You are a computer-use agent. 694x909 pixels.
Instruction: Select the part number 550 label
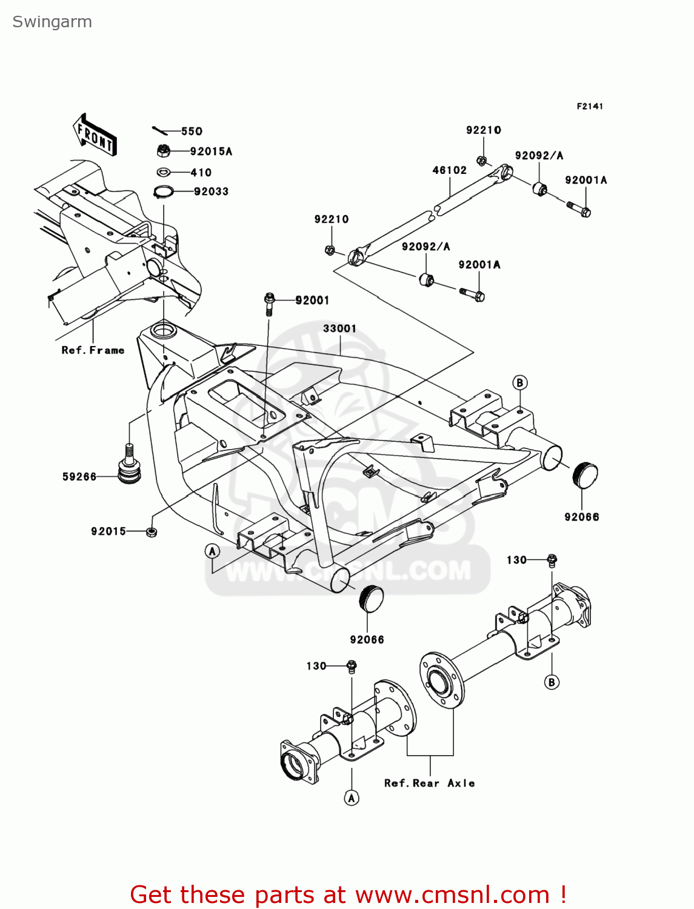click(x=192, y=132)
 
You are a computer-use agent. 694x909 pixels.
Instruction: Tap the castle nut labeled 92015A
click(x=163, y=150)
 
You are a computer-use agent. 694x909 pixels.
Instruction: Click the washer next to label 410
click(x=164, y=173)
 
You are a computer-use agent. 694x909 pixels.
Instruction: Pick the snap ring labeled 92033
click(x=164, y=192)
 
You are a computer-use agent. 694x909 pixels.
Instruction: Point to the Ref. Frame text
click(x=93, y=350)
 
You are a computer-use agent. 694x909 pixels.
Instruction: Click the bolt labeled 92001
click(x=270, y=303)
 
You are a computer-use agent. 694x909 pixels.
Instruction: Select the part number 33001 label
click(x=339, y=328)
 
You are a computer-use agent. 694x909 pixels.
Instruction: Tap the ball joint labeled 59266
click(x=128, y=466)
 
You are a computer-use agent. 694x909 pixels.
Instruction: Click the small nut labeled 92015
click(x=152, y=532)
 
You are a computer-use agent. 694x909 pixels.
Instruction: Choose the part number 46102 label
click(x=449, y=170)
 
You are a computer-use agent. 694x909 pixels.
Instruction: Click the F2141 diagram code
click(x=589, y=106)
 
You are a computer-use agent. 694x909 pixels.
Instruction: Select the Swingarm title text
click(x=52, y=22)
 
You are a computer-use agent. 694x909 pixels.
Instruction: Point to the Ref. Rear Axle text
click(x=429, y=783)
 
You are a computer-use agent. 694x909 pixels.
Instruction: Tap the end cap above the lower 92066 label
click(x=372, y=599)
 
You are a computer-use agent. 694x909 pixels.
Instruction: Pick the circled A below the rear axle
click(x=352, y=798)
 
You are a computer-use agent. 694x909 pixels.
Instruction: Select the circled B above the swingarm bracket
click(x=519, y=382)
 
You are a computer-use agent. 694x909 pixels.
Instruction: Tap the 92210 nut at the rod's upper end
click(x=482, y=161)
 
